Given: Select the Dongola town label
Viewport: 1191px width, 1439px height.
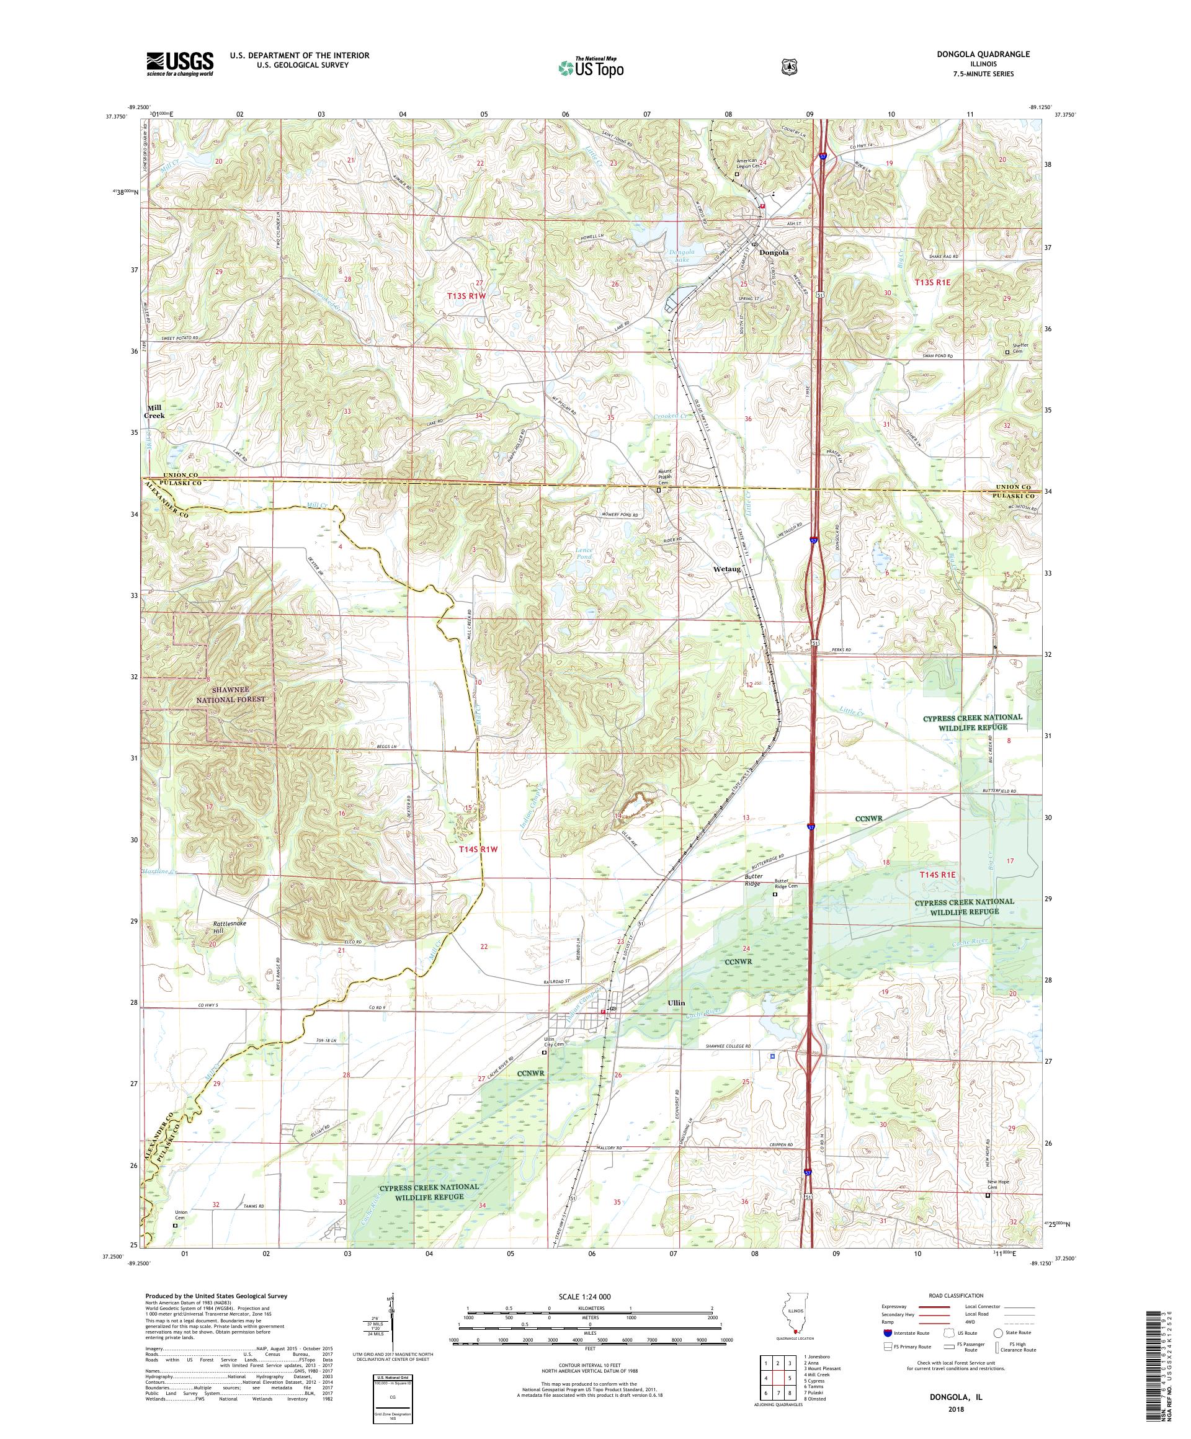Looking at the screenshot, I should coord(774,252).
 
